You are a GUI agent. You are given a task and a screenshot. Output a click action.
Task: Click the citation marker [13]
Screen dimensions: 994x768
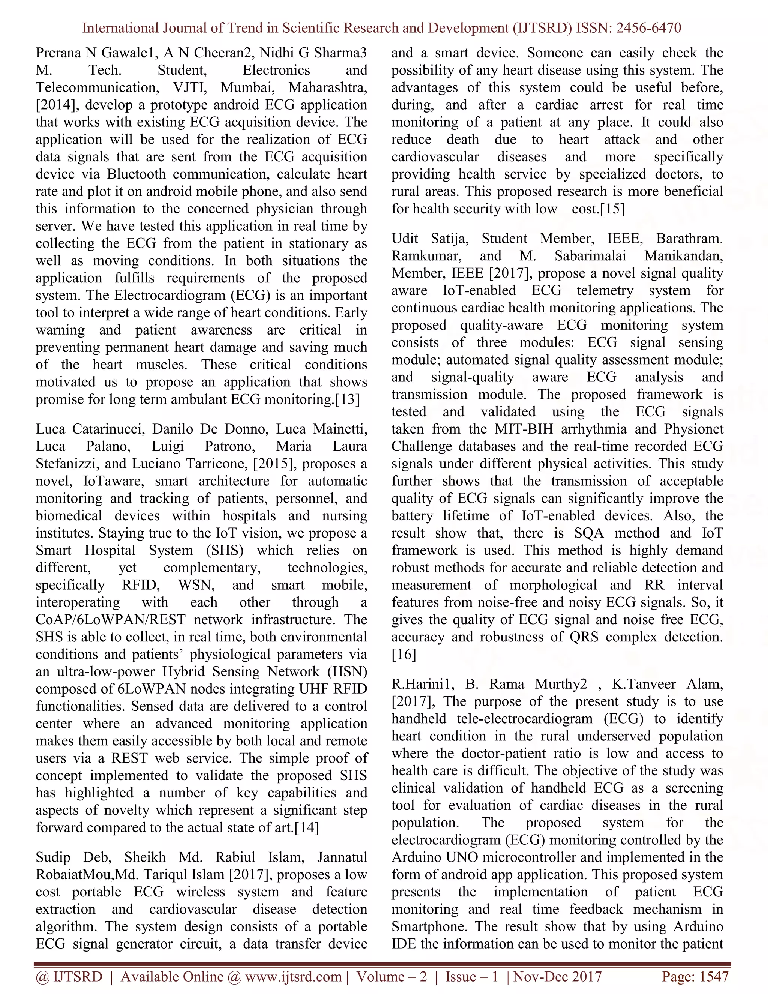click(347, 399)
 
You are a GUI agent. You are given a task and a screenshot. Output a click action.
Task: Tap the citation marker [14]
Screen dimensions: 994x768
click(307, 827)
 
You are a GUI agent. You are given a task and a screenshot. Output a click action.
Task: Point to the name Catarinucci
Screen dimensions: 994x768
click(105, 429)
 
